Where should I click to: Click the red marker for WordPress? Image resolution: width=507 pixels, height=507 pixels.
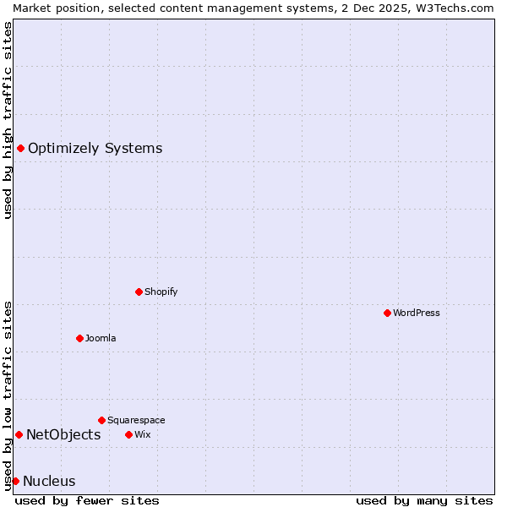pos(387,313)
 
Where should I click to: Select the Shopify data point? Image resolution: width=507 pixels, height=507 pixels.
pos(139,292)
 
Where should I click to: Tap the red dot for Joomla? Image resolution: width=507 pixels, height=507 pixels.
pos(79,338)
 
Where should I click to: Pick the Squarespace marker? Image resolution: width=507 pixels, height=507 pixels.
pos(101,420)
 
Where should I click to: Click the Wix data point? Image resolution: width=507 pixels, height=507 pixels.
pos(128,434)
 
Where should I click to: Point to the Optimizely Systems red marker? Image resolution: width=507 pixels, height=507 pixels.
pos(20,149)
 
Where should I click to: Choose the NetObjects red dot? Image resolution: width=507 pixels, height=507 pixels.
pos(19,434)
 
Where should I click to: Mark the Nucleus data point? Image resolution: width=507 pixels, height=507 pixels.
pos(15,481)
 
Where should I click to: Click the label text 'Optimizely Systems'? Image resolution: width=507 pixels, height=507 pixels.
pos(95,149)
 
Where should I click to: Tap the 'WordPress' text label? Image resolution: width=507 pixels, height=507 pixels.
pos(417,313)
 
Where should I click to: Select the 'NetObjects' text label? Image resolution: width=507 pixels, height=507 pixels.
pos(63,434)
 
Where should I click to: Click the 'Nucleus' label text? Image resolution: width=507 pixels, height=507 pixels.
pos(49,482)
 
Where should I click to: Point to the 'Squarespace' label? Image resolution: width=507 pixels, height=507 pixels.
pos(136,420)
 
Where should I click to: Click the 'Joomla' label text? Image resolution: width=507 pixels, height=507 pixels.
pos(101,338)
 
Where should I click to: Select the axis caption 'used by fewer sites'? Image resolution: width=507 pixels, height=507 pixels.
pos(87,500)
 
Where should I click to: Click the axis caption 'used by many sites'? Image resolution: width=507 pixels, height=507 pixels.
pos(424,500)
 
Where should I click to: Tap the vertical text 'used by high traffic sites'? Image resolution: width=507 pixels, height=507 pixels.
pos(8,120)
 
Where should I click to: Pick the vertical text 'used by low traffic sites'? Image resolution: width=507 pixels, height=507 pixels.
pos(8,395)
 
